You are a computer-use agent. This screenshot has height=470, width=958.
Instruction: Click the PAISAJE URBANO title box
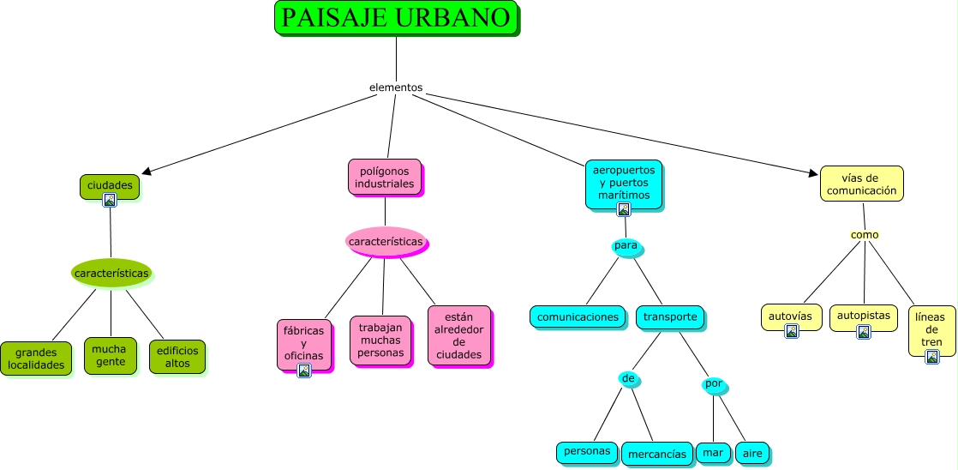pyautogui.click(x=396, y=18)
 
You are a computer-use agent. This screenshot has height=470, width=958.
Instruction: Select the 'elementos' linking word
pyautogui.click(x=396, y=87)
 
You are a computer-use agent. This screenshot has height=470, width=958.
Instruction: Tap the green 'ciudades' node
pyautogui.click(x=110, y=186)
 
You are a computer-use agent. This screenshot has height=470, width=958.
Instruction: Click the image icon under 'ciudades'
pyautogui.click(x=110, y=200)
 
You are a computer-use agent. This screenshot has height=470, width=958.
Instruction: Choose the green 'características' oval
pyautogui.click(x=111, y=274)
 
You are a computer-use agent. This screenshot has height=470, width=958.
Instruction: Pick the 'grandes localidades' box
pyautogui.click(x=36, y=359)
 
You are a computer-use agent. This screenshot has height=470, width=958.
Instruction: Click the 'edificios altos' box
pyautogui.click(x=177, y=357)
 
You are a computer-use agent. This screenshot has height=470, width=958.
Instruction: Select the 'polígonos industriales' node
pyautogui.click(x=385, y=178)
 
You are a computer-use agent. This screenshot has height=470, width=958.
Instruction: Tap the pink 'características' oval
pyautogui.click(x=386, y=242)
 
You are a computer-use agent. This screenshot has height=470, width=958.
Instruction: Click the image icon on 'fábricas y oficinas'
pyautogui.click(x=304, y=371)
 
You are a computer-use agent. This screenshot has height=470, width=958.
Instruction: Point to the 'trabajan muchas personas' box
pyautogui.click(x=380, y=340)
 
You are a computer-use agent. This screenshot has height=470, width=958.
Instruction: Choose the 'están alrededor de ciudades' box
pyautogui.click(x=459, y=335)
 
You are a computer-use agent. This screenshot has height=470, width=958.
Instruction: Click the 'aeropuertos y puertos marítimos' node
pyautogui.click(x=624, y=184)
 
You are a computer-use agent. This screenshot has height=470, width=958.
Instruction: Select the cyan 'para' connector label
pyautogui.click(x=626, y=245)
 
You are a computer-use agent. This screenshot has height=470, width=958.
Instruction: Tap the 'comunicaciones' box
pyautogui.click(x=578, y=316)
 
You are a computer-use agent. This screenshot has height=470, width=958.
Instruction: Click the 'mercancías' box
pyautogui.click(x=657, y=454)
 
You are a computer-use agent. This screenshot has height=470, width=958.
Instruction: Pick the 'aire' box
pyautogui.click(x=752, y=453)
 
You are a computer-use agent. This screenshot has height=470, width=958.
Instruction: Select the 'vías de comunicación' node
pyautogui.click(x=861, y=184)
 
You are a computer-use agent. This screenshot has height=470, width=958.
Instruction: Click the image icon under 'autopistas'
pyautogui.click(x=864, y=332)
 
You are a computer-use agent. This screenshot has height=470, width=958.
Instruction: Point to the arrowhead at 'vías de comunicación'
pyautogui.click(x=813, y=173)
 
